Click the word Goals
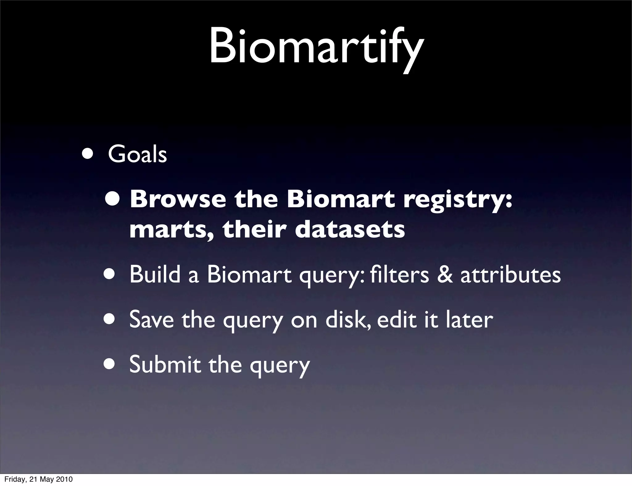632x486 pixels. click(x=137, y=154)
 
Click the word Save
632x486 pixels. click(x=152, y=319)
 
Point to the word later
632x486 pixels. click(x=469, y=319)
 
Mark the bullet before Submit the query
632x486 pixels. click(x=110, y=364)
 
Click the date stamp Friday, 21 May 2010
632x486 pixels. click(x=39, y=479)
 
